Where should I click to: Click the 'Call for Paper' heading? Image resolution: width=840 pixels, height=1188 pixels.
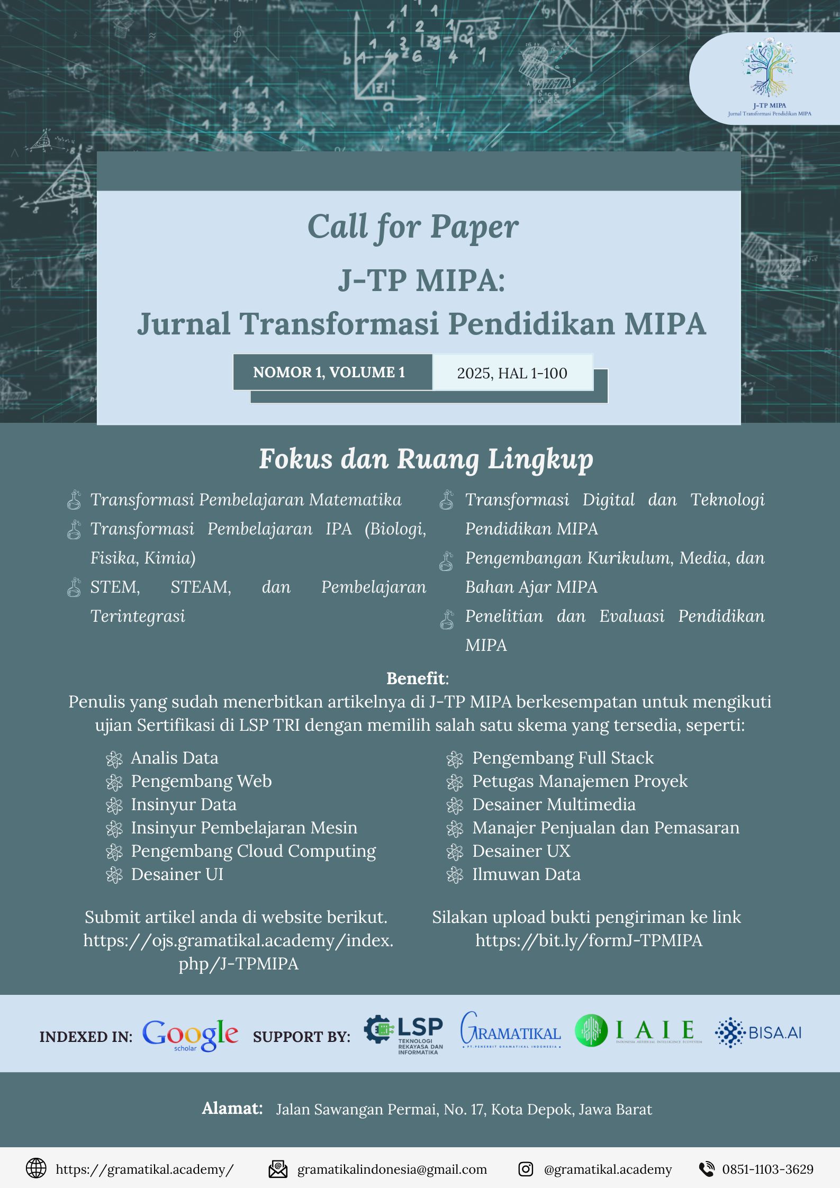click(x=413, y=227)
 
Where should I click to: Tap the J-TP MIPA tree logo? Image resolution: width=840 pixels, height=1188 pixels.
click(x=769, y=68)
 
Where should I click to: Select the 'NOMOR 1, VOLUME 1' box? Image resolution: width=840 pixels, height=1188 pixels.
click(x=329, y=373)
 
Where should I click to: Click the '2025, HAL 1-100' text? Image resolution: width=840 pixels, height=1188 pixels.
click(x=512, y=373)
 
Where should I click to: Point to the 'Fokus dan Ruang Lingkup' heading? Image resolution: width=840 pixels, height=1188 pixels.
click(x=426, y=459)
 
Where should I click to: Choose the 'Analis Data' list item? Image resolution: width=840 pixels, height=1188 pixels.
click(x=174, y=758)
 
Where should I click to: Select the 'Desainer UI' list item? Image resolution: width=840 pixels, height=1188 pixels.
click(x=177, y=874)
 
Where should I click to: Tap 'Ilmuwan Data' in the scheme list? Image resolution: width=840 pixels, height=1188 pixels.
click(x=526, y=874)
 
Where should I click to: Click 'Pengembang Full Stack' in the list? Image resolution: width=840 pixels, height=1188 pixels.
click(x=563, y=758)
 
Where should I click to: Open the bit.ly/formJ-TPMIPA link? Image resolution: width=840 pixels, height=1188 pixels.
click(x=589, y=940)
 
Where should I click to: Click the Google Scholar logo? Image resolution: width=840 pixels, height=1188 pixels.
click(x=190, y=1035)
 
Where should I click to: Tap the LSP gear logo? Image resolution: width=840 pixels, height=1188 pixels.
click(x=378, y=1029)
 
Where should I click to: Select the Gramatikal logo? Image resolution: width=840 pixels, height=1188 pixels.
click(x=510, y=1031)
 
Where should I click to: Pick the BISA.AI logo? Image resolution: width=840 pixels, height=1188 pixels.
click(x=758, y=1032)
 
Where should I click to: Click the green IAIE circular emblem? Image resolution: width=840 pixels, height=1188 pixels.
click(x=591, y=1030)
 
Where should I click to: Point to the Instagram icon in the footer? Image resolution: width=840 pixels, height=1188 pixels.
click(x=526, y=1169)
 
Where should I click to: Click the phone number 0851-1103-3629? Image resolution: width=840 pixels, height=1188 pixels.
click(x=767, y=1169)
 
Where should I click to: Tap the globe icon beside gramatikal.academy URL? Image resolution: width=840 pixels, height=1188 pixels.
click(x=36, y=1168)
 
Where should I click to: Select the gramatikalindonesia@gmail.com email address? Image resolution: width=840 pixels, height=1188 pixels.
click(x=392, y=1169)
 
